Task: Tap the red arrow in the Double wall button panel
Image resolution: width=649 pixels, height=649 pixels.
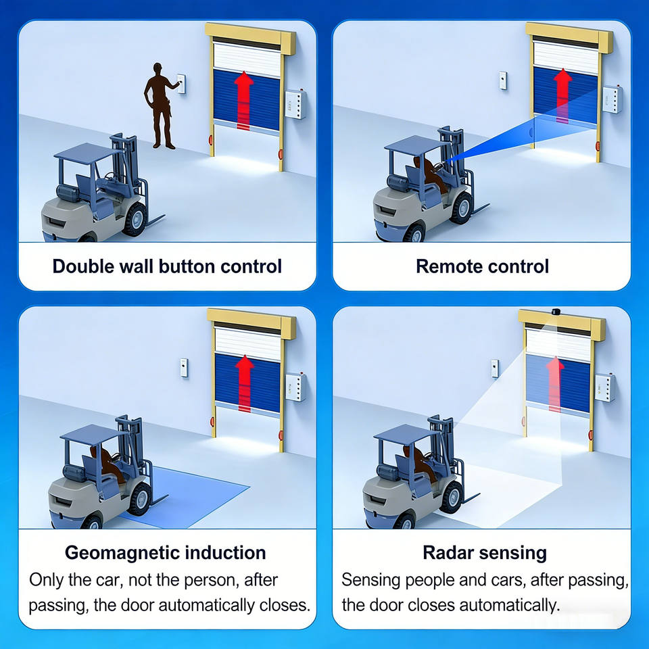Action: point(244,101)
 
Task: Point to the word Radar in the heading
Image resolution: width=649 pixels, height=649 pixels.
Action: point(448,552)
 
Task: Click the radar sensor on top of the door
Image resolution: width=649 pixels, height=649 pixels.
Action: point(556,311)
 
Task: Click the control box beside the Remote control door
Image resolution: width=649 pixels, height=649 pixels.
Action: point(612,99)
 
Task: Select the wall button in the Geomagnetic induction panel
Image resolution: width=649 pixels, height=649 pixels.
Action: point(184,368)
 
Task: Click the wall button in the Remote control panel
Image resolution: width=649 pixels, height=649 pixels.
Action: point(503,80)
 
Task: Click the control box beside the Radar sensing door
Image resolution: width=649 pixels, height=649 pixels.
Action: point(604,387)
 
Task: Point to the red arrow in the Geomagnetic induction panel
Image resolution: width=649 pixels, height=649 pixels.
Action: point(245,383)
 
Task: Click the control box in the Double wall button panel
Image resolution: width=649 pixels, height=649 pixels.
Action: point(295,104)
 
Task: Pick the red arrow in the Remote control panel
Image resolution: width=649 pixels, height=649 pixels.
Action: point(562,95)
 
